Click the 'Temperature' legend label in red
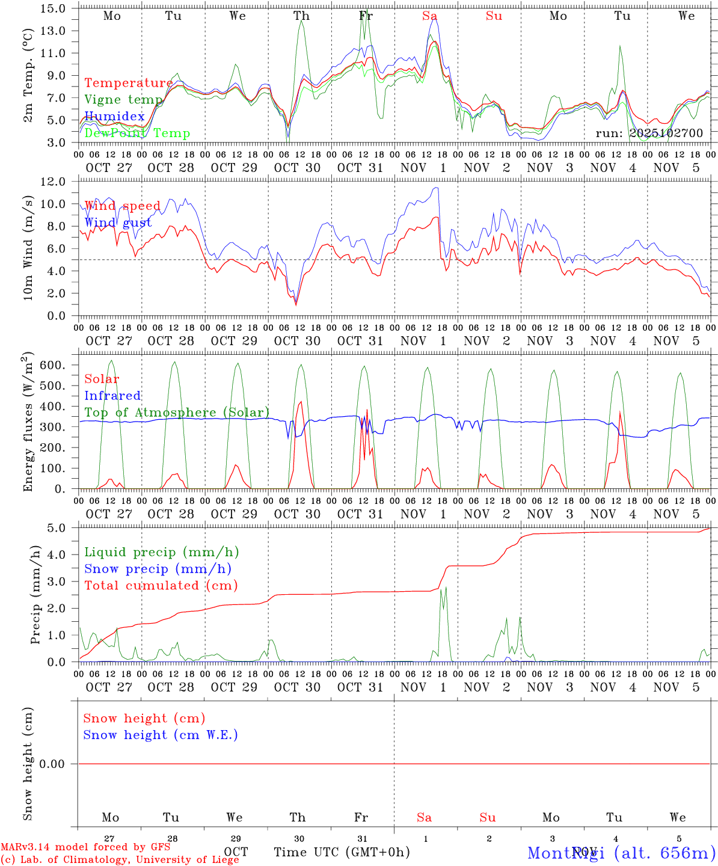point(128,83)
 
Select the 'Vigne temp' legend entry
point(123,100)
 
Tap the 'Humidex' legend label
point(114,117)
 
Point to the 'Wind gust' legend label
point(118,223)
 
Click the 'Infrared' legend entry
point(112,396)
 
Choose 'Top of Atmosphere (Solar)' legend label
point(177,413)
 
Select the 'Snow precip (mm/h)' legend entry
point(158,569)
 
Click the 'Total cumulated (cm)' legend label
point(161,586)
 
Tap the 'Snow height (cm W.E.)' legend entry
point(161,735)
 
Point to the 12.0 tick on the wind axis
point(53,182)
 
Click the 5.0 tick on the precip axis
point(57,528)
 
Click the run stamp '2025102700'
point(666,133)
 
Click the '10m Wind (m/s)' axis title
point(28,248)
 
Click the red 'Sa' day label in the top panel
point(429,16)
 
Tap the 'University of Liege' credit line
point(120,859)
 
